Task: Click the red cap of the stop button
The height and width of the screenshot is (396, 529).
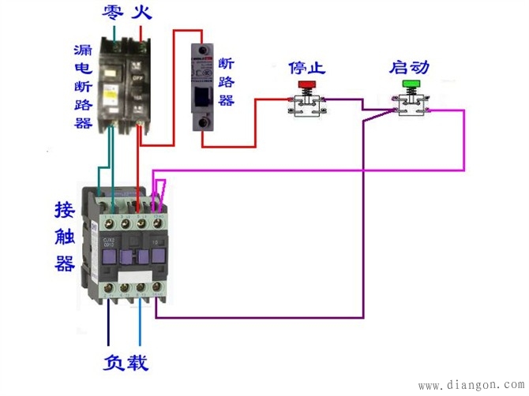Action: [x=306, y=84]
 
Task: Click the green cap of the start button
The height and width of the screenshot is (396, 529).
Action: [x=411, y=84]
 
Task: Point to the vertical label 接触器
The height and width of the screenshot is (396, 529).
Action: [x=65, y=237]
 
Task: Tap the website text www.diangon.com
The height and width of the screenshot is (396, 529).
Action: [x=469, y=386]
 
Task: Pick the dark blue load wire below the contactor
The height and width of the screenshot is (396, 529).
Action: [x=108, y=331]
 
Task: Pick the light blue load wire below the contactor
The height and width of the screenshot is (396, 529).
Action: [x=141, y=331]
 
